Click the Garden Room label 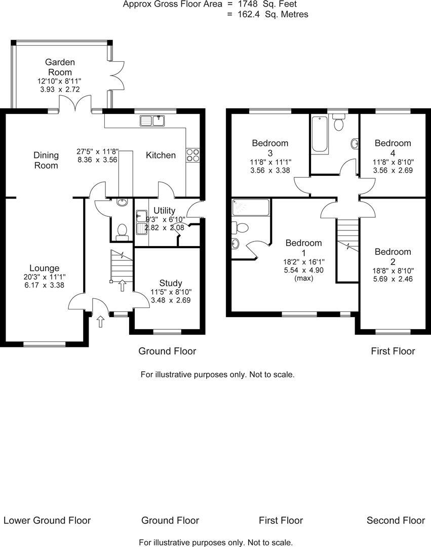[60, 67]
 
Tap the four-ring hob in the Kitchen [192, 154]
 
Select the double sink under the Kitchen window [152, 121]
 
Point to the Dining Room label [46, 160]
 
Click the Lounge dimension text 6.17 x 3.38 [44, 285]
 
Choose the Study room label [171, 283]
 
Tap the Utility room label [164, 210]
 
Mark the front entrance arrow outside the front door [100, 321]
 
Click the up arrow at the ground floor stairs [123, 286]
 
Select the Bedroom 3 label [270, 148]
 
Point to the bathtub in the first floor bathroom [320, 134]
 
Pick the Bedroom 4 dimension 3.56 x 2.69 [392, 171]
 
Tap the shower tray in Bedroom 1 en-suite [251, 207]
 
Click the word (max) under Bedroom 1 [303, 278]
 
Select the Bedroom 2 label [393, 257]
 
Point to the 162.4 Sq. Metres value [272, 14]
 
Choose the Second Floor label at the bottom [396, 520]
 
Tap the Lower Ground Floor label [47, 520]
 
